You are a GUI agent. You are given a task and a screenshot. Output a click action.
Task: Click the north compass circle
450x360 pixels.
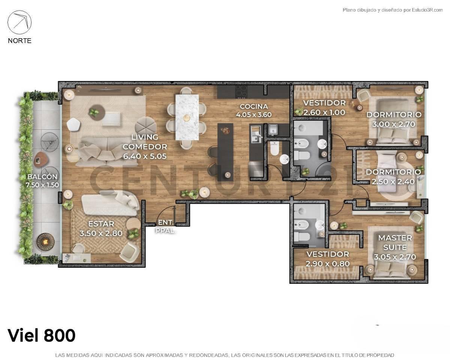(x=19, y=22)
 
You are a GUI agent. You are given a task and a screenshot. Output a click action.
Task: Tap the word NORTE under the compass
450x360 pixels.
(x=19, y=40)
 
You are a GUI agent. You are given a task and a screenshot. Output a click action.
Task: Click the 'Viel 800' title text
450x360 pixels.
(x=41, y=335)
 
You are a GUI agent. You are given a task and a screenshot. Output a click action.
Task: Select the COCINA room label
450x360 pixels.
(x=253, y=106)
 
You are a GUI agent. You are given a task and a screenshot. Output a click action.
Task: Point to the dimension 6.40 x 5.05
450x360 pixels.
(x=145, y=156)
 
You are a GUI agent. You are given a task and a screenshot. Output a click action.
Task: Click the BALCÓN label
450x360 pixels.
(x=42, y=177)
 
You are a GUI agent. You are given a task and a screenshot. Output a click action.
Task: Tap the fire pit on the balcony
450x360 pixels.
(x=46, y=242)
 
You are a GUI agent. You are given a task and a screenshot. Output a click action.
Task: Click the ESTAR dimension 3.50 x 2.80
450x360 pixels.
(x=101, y=233)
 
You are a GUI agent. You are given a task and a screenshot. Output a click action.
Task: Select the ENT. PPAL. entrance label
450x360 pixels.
(x=165, y=226)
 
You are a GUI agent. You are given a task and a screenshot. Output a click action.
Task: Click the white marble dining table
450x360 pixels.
(x=187, y=117)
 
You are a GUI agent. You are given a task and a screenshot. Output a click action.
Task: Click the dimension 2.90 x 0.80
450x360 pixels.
(x=327, y=264)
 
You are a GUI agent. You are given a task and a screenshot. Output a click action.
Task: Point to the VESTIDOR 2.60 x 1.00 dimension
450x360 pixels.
(x=324, y=112)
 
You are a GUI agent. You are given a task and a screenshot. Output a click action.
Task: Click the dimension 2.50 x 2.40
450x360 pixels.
(x=393, y=181)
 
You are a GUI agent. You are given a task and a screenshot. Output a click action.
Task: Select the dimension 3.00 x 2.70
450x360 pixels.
(x=393, y=124)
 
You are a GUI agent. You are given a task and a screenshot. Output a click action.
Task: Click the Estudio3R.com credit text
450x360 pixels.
(x=427, y=10)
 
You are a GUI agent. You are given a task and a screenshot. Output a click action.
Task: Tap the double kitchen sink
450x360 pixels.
(x=256, y=134)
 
